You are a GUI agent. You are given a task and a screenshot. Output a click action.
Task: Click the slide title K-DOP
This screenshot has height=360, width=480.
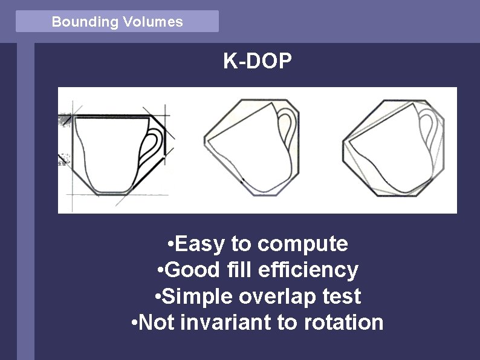coord(258,62)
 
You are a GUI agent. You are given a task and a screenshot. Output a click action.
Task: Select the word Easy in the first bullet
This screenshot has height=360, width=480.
coord(199,244)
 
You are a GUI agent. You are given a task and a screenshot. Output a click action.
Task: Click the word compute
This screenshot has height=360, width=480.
coord(302,244)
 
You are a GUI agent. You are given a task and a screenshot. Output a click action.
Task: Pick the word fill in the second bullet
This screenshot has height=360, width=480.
coord(235,270)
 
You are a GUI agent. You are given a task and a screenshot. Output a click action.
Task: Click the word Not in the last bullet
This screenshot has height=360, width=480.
coord(154,322)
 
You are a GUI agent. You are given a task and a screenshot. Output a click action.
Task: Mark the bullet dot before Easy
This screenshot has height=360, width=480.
coord(172,244)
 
